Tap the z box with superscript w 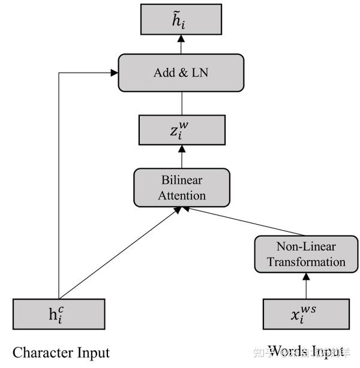pyautogui.click(x=181, y=130)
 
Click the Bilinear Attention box pyautogui.click(x=181, y=188)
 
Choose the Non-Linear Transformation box pyautogui.click(x=306, y=254)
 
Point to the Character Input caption pyautogui.click(x=61, y=352)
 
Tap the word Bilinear pyautogui.click(x=181, y=180)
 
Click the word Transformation pyautogui.click(x=306, y=262)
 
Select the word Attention pyautogui.click(x=181, y=195)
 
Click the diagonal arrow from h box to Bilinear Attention pyautogui.click(x=120, y=252)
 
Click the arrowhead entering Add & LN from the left pyautogui.click(x=114, y=73)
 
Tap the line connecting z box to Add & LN pyautogui.click(x=181, y=103)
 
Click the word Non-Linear pyautogui.click(x=306, y=246)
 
